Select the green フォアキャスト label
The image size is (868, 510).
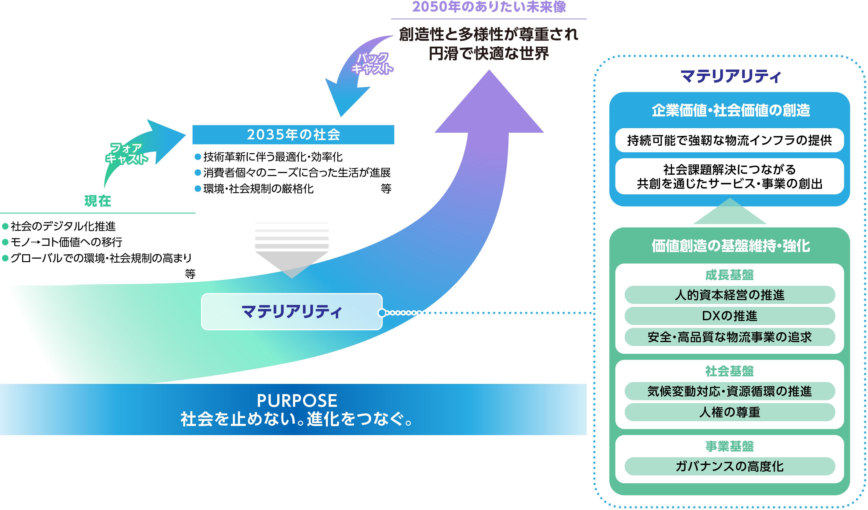point(126,154)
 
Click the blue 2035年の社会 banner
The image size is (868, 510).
point(293,135)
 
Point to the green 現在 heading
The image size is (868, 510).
point(98,201)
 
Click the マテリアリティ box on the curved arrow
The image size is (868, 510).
point(292,312)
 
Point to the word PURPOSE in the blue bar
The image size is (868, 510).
point(297,401)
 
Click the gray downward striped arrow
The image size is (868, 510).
point(292,250)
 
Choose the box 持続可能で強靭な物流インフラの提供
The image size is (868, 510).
point(730,140)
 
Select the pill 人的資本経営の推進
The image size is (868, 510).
point(730,295)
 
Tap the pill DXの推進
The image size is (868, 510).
point(730,316)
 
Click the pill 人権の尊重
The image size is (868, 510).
point(730,412)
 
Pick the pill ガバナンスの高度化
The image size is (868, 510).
point(730,466)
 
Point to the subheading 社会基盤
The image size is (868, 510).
point(730,371)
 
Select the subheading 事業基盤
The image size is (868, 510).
point(730,446)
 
